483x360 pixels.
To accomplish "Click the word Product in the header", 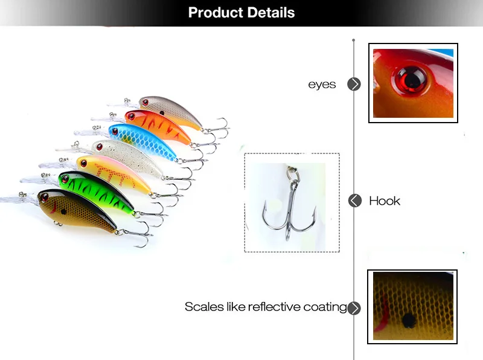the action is coord(214,13).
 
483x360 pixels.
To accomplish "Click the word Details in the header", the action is coord(269,13).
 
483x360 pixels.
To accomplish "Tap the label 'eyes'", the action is coord(322,85).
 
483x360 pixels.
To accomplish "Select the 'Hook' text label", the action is coord(385,201).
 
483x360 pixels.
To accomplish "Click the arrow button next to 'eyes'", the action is coord(354,85).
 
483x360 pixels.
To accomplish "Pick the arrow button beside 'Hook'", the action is coord(354,201).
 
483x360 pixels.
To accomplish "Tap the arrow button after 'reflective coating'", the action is coord(354,308).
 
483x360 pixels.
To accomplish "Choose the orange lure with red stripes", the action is coord(158,125).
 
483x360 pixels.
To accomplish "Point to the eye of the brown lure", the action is coord(45,197).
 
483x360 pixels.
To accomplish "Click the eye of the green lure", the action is coord(65,178).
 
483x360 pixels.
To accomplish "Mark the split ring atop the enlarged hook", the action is coord(294,175).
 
